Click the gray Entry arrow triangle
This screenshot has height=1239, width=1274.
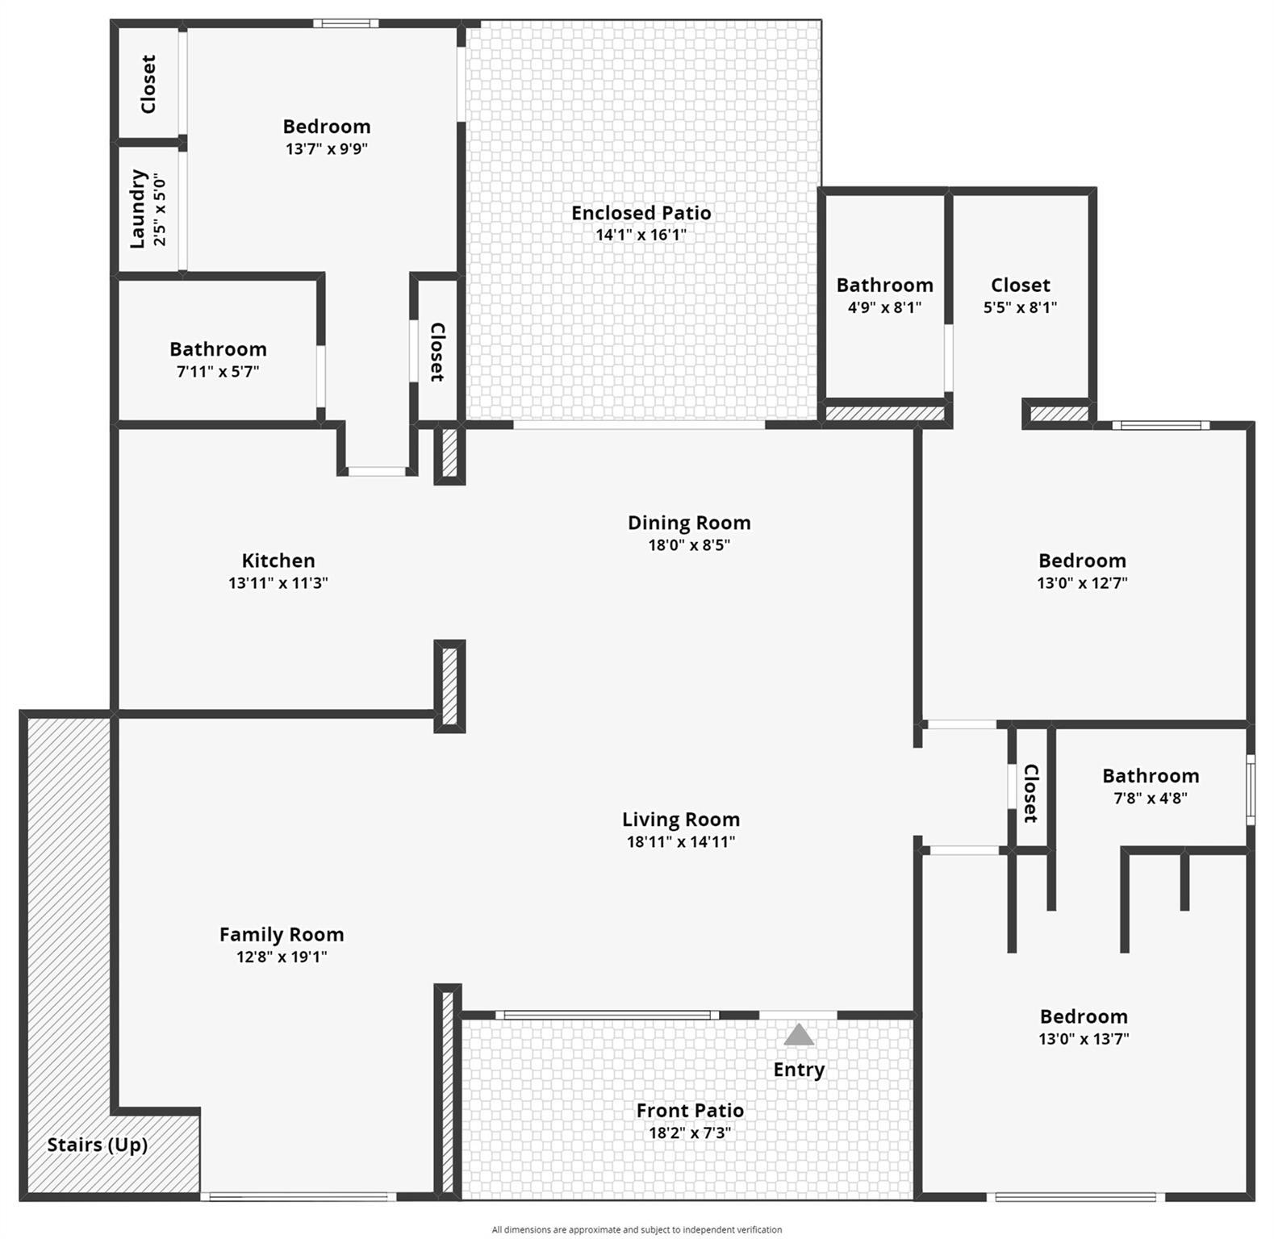(799, 1035)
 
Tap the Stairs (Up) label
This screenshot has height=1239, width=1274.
(97, 1145)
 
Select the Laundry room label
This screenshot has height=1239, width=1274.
(138, 209)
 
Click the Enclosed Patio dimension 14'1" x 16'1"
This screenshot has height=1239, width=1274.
(641, 236)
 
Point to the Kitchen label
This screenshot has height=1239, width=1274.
(278, 561)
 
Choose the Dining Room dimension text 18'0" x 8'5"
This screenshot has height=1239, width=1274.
(689, 545)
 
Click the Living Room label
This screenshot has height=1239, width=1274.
(680, 820)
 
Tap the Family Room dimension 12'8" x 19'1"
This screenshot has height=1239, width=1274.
(281, 957)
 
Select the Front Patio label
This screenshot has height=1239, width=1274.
(690, 1111)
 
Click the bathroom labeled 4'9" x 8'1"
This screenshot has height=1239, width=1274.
(884, 286)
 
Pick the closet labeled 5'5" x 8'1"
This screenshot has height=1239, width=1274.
(1020, 286)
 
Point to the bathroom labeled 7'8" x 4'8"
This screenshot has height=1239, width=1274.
(1150, 776)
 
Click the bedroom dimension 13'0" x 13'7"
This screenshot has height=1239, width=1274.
(1083, 1039)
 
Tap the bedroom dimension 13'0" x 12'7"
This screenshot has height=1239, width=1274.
(1082, 583)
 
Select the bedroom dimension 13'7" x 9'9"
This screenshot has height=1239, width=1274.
(327, 149)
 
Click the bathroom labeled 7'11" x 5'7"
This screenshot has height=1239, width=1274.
(218, 350)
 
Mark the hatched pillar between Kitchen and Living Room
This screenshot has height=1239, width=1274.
(449, 686)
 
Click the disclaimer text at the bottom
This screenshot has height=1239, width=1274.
(637, 1230)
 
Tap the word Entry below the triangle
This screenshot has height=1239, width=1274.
(799, 1070)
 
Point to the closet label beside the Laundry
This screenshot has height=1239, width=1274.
(148, 84)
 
